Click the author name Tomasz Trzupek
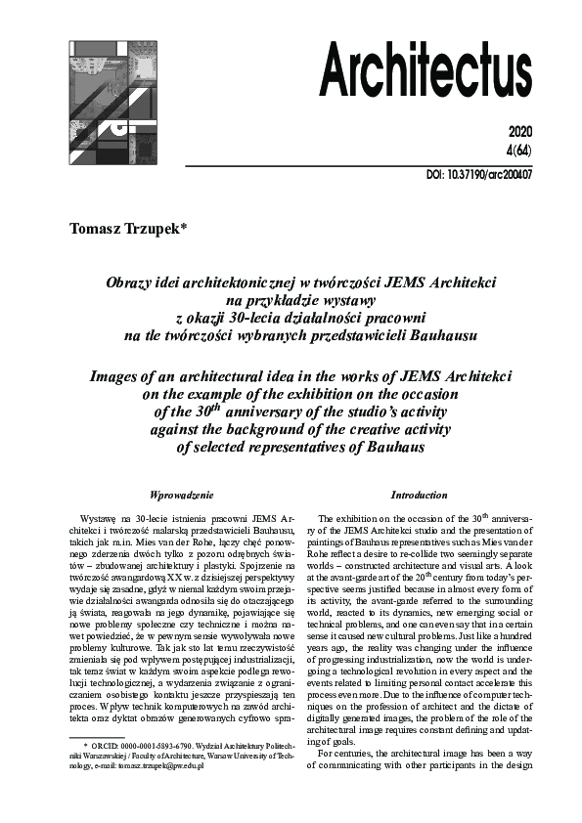(131, 230)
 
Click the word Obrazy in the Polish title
(127, 282)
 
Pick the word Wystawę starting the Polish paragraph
(98, 515)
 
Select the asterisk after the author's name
(198, 228)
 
